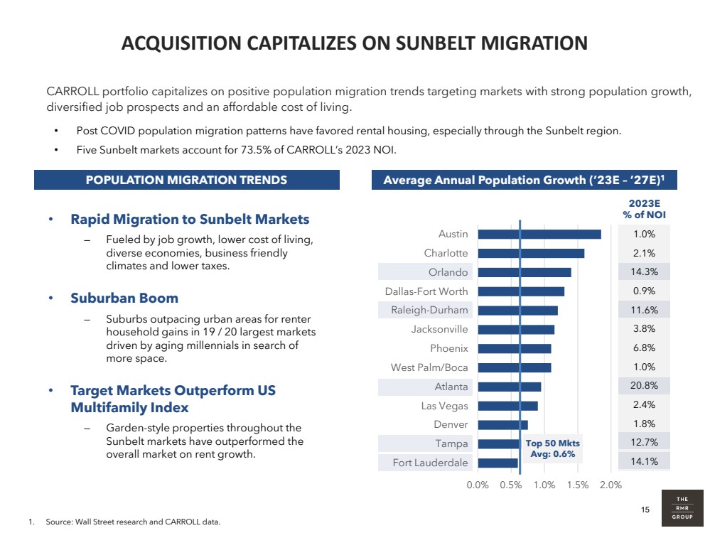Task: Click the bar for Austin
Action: (x=539, y=234)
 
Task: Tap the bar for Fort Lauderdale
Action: (x=497, y=463)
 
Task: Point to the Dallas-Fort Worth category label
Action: (x=426, y=291)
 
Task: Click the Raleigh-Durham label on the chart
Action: (x=429, y=310)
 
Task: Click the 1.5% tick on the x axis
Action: (x=578, y=485)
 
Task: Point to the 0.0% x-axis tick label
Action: (x=478, y=485)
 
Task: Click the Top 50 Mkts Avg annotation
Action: (x=552, y=449)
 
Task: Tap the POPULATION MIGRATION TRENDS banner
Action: (x=186, y=180)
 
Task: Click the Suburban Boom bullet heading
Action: (x=124, y=298)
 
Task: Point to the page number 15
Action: (x=645, y=509)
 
